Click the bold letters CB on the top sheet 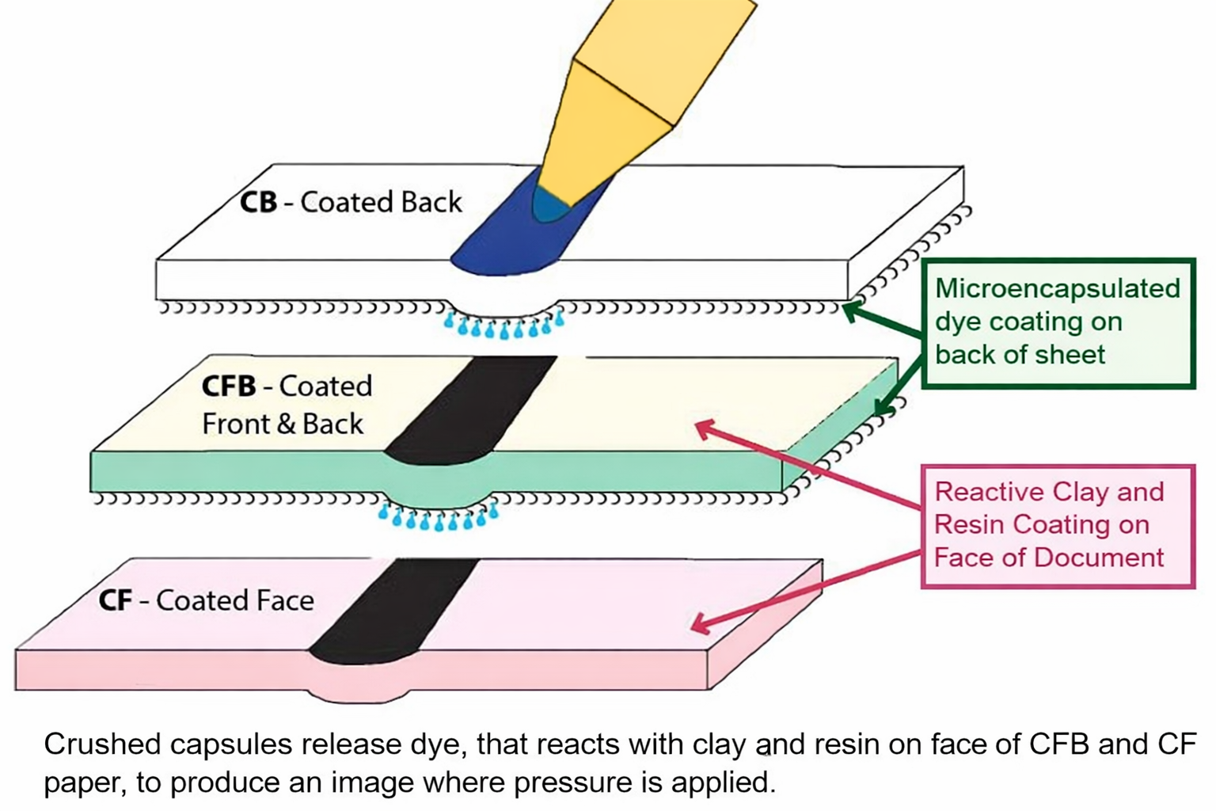[x=258, y=202]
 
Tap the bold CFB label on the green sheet [x=229, y=386]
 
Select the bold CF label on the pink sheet [x=115, y=600]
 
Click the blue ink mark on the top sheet [x=507, y=246]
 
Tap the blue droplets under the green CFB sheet [x=438, y=518]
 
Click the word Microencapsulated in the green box [x=1057, y=288]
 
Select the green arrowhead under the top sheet [x=851, y=311]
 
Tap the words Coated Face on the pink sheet [x=234, y=600]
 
